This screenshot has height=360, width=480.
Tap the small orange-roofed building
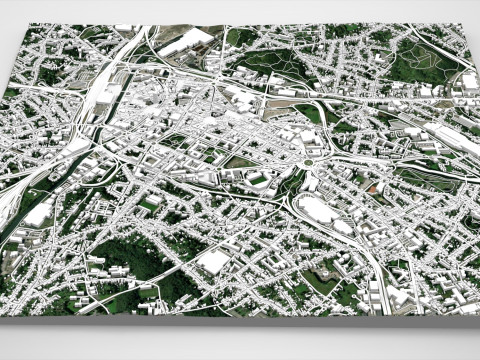tap(374, 187)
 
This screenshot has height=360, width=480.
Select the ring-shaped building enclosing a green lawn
tap(258, 179)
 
